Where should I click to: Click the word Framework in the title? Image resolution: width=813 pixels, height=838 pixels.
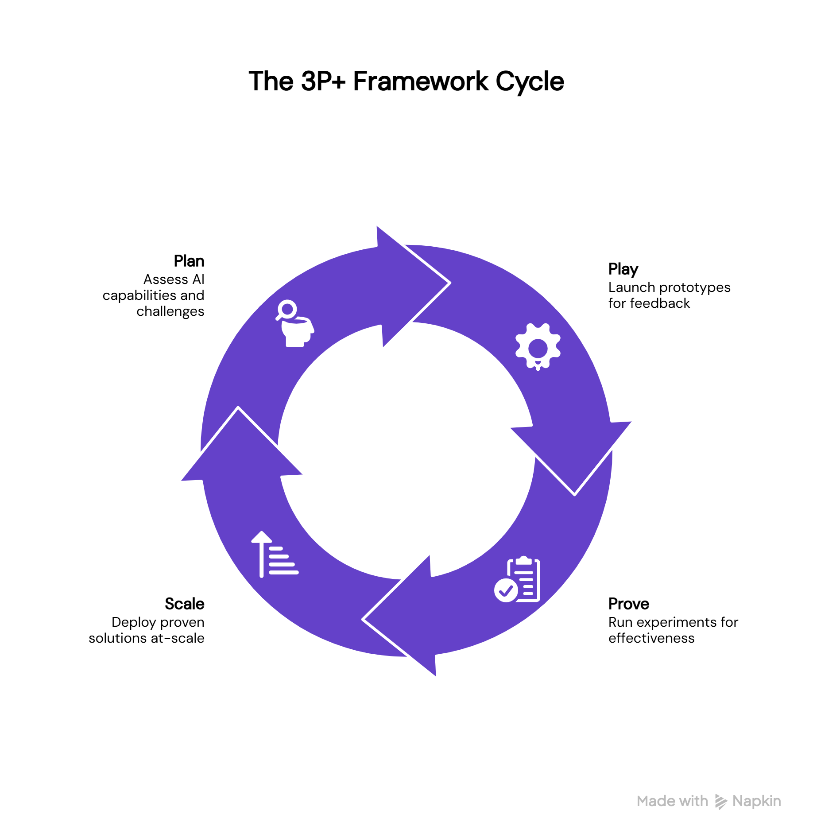coord(420,82)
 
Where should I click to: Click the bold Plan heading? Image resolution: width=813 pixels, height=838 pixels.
coord(189,261)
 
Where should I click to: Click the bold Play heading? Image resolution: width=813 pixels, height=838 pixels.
coord(623,269)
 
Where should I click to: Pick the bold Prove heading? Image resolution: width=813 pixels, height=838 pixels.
coord(628,604)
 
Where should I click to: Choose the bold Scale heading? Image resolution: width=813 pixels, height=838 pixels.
coord(184,604)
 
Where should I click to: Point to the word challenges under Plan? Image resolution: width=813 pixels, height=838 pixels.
coord(170,311)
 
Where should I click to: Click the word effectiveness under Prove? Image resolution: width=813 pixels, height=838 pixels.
coord(651,638)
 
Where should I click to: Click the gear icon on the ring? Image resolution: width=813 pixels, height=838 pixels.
coord(538,347)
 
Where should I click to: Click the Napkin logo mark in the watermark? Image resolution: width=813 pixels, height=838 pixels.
coord(720,802)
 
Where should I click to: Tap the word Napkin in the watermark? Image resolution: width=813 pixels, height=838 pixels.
coord(756,801)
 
